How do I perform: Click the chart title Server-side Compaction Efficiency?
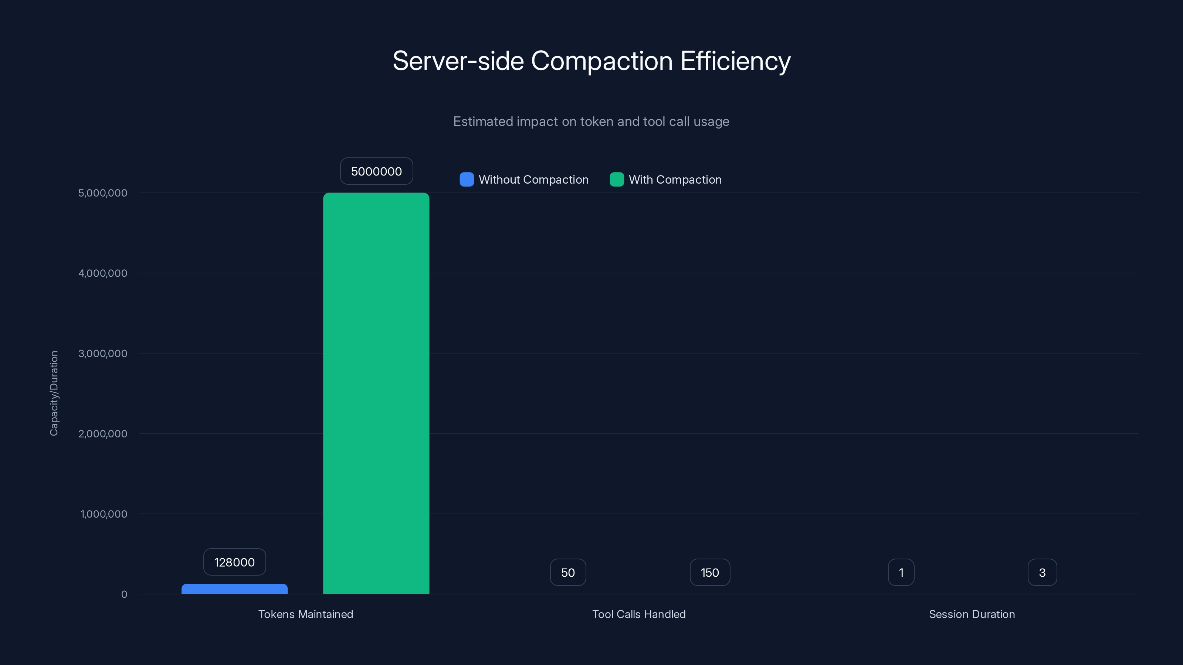[591, 61]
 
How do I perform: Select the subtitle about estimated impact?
[591, 122]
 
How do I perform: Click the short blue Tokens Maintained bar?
[235, 589]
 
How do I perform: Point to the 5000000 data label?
[376, 171]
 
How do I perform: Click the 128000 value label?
[235, 562]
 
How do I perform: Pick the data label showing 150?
[709, 572]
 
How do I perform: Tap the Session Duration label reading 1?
[901, 572]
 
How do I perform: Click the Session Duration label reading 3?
[1042, 572]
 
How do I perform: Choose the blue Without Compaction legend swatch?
[467, 180]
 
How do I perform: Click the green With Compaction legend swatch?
[616, 180]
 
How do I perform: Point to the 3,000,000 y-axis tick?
[103, 354]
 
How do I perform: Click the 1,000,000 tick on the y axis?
[104, 514]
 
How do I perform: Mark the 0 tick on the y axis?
[124, 594]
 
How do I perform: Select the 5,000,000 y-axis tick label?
[103, 193]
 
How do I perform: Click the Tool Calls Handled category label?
[639, 614]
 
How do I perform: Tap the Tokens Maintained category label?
[305, 614]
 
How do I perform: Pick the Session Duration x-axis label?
[972, 614]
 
